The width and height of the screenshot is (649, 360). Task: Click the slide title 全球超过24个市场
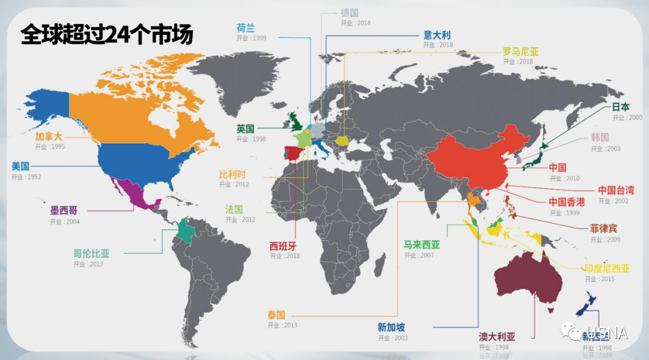(x=107, y=34)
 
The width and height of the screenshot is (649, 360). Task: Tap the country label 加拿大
(x=49, y=136)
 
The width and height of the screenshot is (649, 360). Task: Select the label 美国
(x=20, y=166)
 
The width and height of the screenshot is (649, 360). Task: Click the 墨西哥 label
(x=63, y=211)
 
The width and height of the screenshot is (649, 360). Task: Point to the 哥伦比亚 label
(x=91, y=254)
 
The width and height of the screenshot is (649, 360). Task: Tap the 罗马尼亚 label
(x=520, y=52)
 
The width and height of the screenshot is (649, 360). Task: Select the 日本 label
(x=621, y=107)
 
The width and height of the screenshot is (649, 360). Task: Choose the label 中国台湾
(x=616, y=191)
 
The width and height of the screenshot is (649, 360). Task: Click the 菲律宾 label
(x=603, y=229)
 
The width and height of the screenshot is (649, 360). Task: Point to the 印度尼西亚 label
(x=607, y=269)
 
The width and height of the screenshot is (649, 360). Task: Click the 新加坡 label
(x=391, y=328)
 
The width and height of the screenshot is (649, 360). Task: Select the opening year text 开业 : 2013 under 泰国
(x=282, y=325)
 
